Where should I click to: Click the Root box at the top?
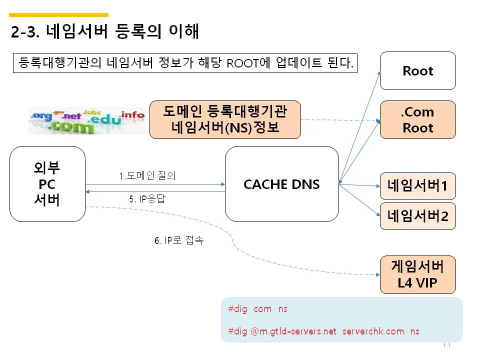418,70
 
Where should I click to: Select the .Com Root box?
418,119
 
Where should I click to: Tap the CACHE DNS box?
281,184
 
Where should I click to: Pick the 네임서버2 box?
418,216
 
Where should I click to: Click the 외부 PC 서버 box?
47,184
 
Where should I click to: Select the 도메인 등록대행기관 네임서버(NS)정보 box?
225,119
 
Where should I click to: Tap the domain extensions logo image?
86,120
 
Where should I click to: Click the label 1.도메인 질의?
147,176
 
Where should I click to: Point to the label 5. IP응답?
147,198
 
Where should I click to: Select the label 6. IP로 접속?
178,240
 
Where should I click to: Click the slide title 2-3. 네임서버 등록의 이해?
105,32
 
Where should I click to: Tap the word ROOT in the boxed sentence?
240,63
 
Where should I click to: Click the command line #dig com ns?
257,309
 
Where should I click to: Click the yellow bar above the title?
59,15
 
